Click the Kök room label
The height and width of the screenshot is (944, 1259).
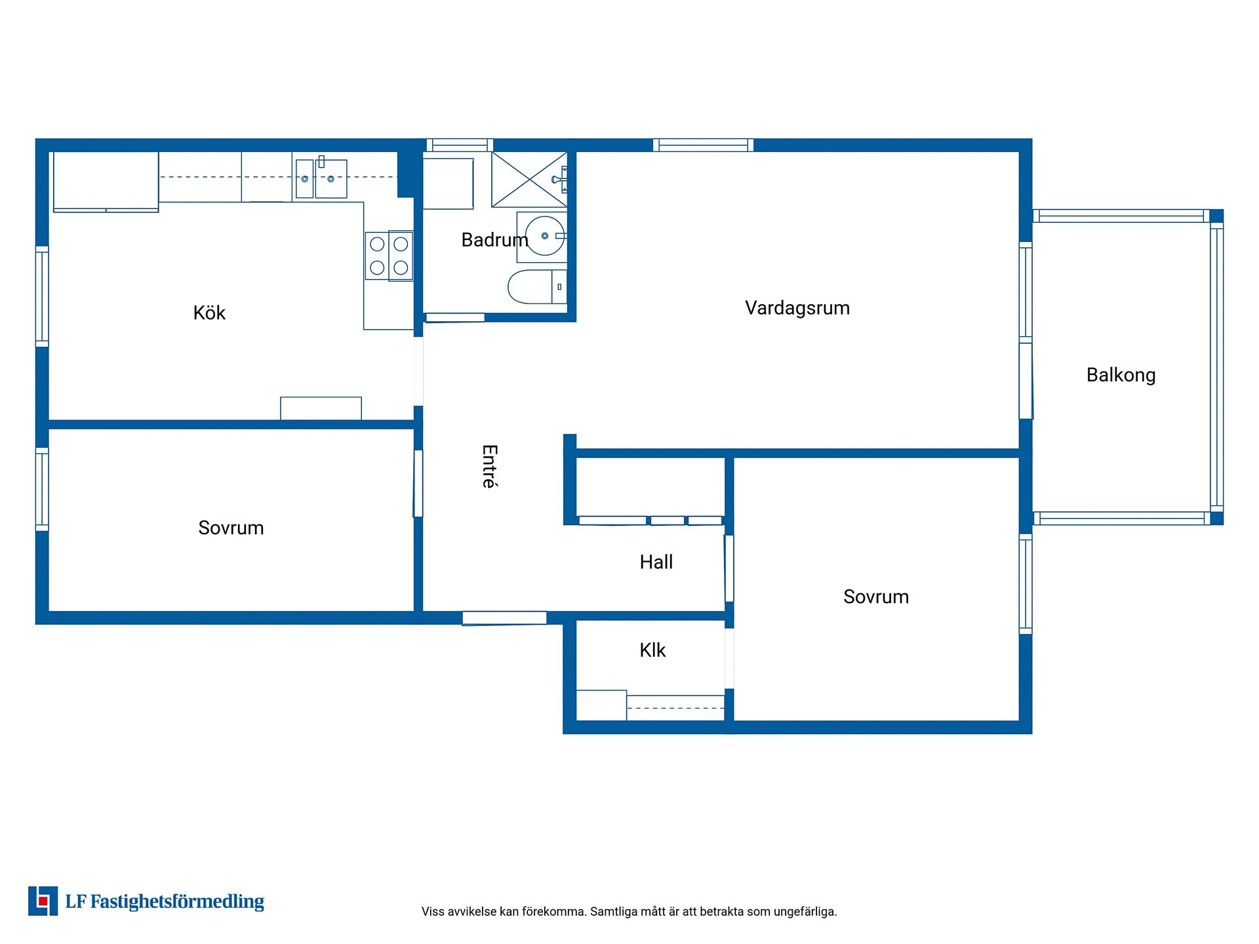coord(209,313)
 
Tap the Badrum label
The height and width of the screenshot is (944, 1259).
coord(494,240)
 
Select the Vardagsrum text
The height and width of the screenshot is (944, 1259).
coord(797,308)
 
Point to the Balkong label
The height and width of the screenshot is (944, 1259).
coord(1121,375)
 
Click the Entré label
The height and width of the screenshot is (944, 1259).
coord(490,467)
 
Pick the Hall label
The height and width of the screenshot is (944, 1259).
coord(656,562)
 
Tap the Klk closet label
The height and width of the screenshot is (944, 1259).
coord(652,650)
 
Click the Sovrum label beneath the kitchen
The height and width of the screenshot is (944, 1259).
coord(231,528)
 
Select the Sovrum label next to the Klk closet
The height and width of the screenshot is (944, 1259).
coord(876,597)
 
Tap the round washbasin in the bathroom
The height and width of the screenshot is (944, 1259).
coord(545,235)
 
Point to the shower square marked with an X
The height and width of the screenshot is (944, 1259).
coord(530,180)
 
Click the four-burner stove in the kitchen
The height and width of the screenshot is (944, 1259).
coord(390,256)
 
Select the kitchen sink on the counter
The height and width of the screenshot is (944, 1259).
coord(321,178)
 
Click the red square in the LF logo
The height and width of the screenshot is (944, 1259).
coord(43,901)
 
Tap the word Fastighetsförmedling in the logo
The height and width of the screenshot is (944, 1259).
coord(177,902)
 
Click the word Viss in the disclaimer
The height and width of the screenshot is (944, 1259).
coord(433,911)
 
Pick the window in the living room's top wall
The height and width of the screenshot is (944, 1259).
coord(703,145)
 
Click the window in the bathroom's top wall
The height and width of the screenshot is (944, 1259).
coord(460,145)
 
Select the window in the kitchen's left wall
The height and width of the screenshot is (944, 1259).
coord(42,296)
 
